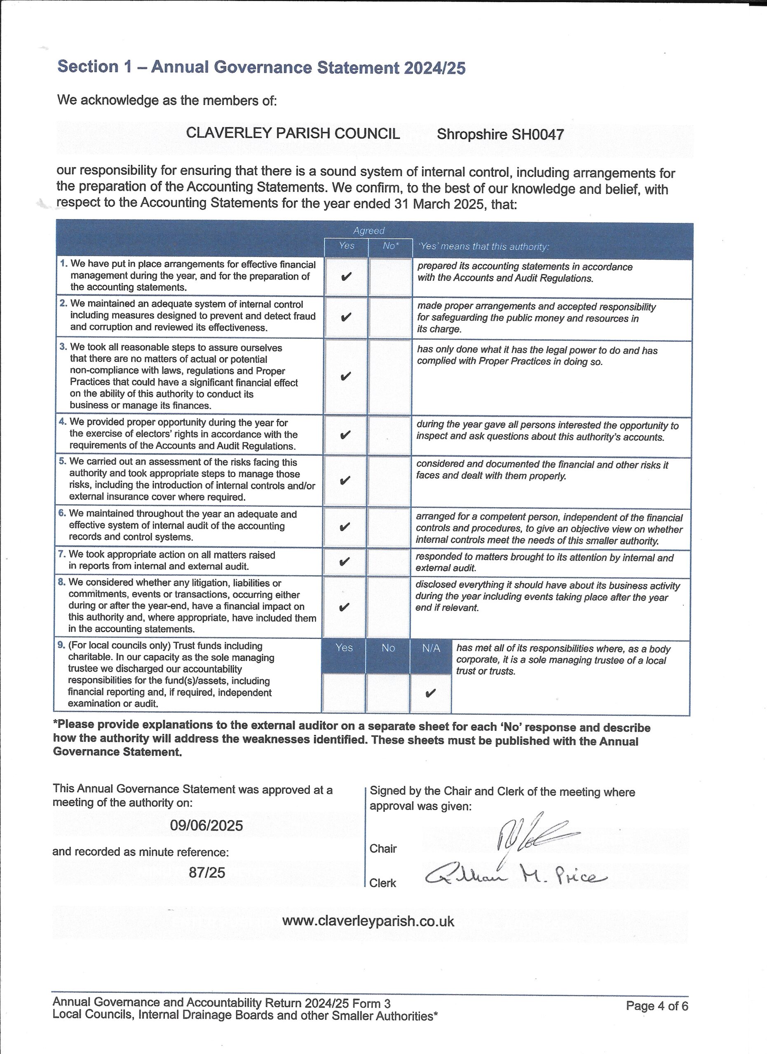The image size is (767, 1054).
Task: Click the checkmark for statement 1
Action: pos(346,277)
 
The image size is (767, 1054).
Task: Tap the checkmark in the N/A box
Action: pos(430,694)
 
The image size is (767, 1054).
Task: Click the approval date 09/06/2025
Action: pos(206,825)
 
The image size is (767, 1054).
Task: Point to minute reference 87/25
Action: pos(206,872)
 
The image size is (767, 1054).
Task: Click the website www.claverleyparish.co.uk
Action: pos(368,921)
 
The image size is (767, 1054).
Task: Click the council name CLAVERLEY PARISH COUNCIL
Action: pos(293,133)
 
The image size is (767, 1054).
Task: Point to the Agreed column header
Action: pos(368,231)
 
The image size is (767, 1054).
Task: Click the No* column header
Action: pos(391,246)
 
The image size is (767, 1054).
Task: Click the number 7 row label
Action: pos(61,555)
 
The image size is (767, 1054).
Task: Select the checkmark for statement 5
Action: pos(345,480)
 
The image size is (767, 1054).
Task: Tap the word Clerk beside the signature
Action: pos(382,883)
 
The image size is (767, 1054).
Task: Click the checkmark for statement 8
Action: pos(344,607)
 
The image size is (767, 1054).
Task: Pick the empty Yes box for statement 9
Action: pos(343,693)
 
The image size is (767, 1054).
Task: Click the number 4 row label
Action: pos(62,422)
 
